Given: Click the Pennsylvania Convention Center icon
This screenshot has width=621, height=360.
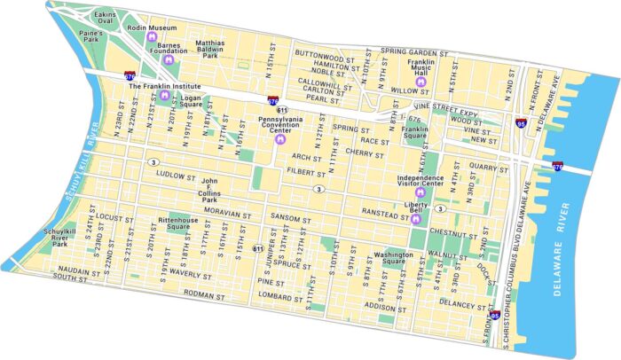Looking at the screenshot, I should tap(281, 139).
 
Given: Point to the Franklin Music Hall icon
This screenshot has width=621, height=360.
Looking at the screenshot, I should tap(422, 82).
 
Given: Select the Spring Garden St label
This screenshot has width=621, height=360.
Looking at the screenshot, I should tap(412, 51).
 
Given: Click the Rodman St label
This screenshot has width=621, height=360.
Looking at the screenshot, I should tap(205, 293).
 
